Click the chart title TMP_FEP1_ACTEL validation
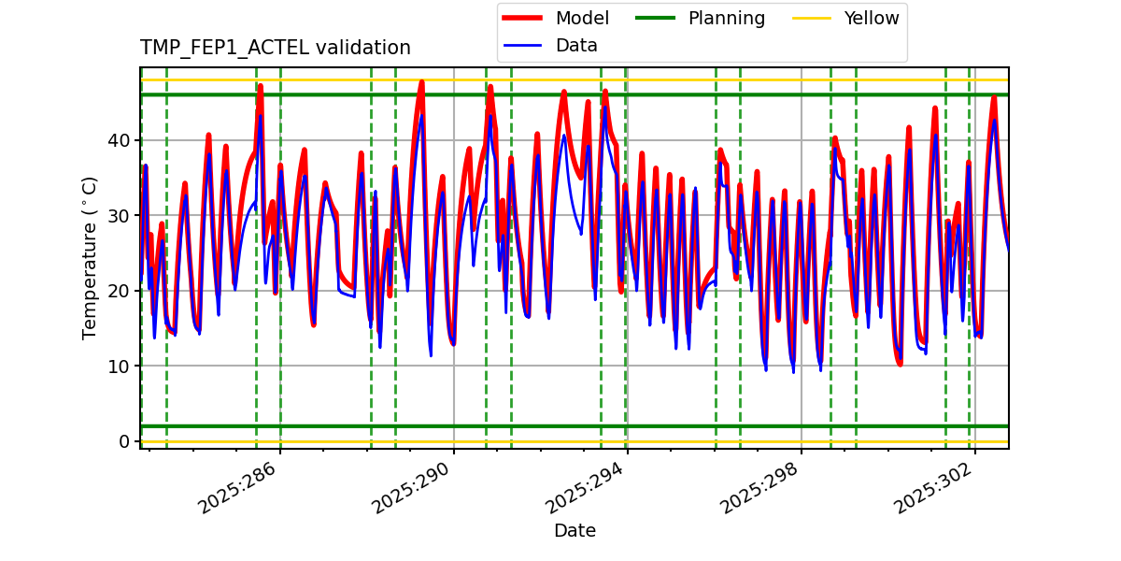pos(275,48)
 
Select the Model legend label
pos(582,18)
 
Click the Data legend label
pos(576,46)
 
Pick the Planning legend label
pos(726,18)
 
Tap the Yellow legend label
pos(871,18)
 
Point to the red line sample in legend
pos(524,18)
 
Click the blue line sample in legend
pos(524,46)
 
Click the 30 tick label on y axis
pos(121,216)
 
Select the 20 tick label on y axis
pos(121,291)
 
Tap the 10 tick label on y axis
pos(121,366)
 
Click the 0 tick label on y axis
pos(125,441)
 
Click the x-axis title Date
pos(575,531)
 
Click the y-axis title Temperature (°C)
pos(91,257)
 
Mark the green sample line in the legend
pos(658,18)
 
